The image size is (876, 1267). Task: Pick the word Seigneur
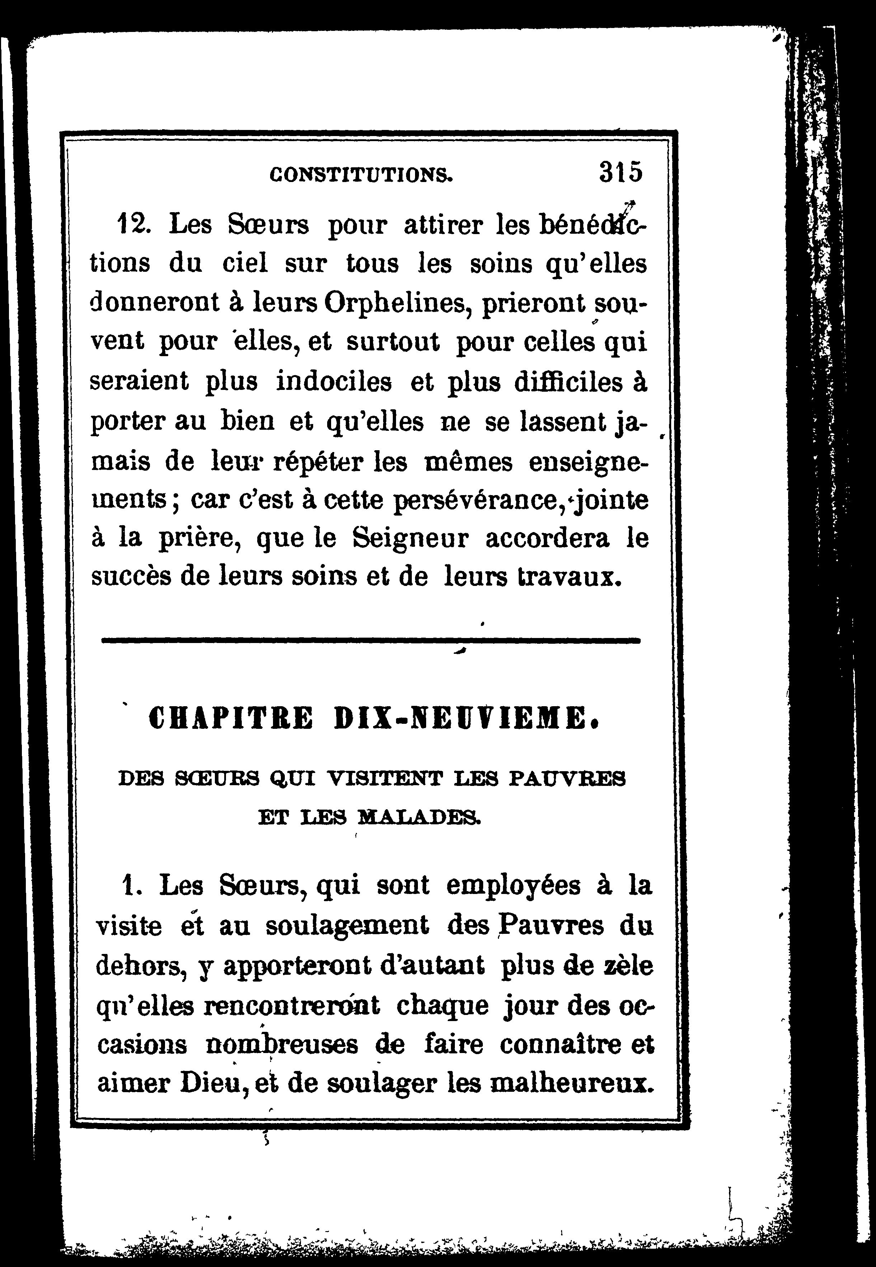410,539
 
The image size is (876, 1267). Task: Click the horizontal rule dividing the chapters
371,640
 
